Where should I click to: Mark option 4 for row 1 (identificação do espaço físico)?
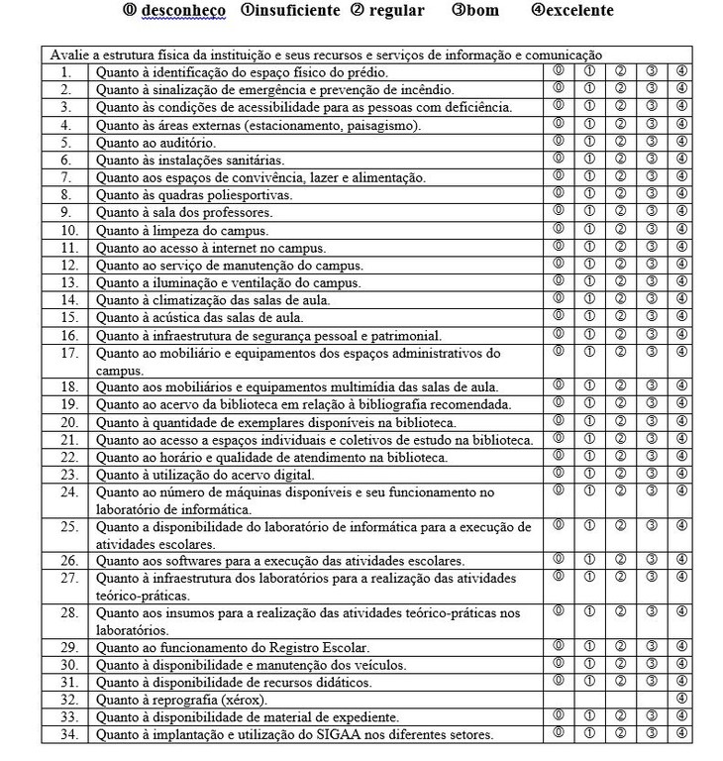pyautogui.click(x=680, y=72)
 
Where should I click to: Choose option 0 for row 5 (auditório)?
pyautogui.click(x=559, y=142)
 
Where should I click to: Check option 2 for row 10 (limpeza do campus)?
pyautogui.click(x=620, y=230)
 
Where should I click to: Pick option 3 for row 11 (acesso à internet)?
pyautogui.click(x=651, y=247)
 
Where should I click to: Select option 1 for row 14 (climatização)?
pyautogui.click(x=589, y=299)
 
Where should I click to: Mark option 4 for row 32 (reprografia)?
pyautogui.click(x=680, y=699)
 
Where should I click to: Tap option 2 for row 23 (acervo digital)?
pyautogui.click(x=620, y=474)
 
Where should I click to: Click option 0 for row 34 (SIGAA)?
pyautogui.click(x=559, y=733)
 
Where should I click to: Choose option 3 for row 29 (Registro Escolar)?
pyautogui.click(x=651, y=646)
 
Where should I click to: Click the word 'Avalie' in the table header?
pyautogui.click(x=67, y=54)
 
